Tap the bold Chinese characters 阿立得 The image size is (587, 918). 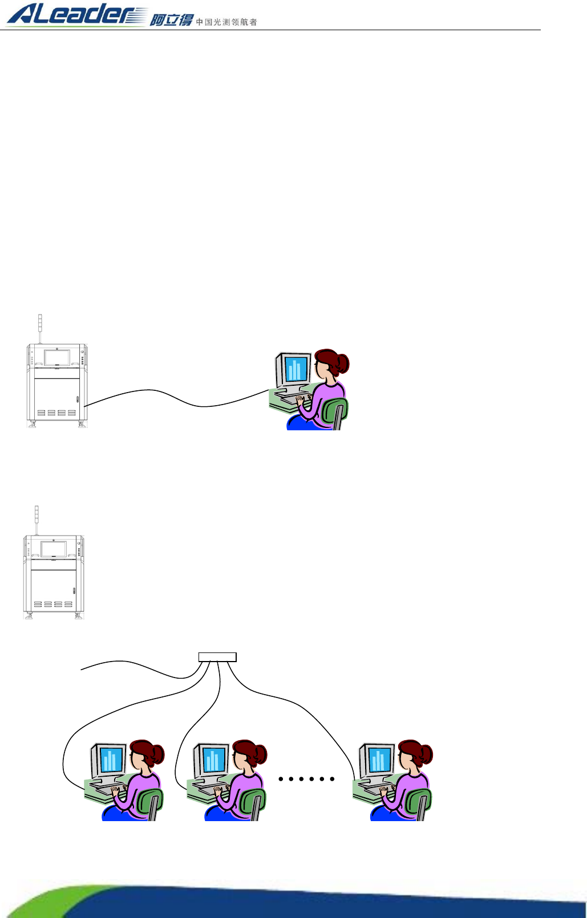pos(171,21)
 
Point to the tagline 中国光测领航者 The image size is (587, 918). pos(226,22)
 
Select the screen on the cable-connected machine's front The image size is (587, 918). pos(57,357)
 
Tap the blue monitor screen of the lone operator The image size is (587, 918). pos(297,369)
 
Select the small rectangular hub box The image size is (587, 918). pos(217,657)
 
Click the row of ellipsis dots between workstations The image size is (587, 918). pos(306,778)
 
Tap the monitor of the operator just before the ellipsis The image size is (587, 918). pos(213,760)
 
